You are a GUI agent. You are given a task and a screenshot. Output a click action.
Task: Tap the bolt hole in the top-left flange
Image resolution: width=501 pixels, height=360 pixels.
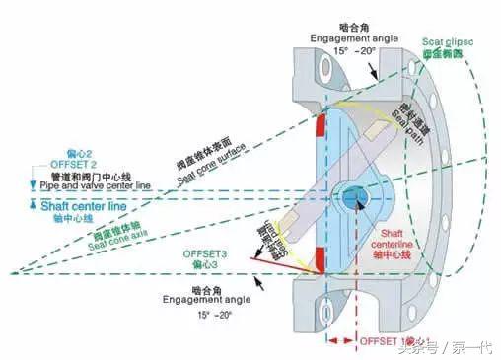(319, 71)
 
